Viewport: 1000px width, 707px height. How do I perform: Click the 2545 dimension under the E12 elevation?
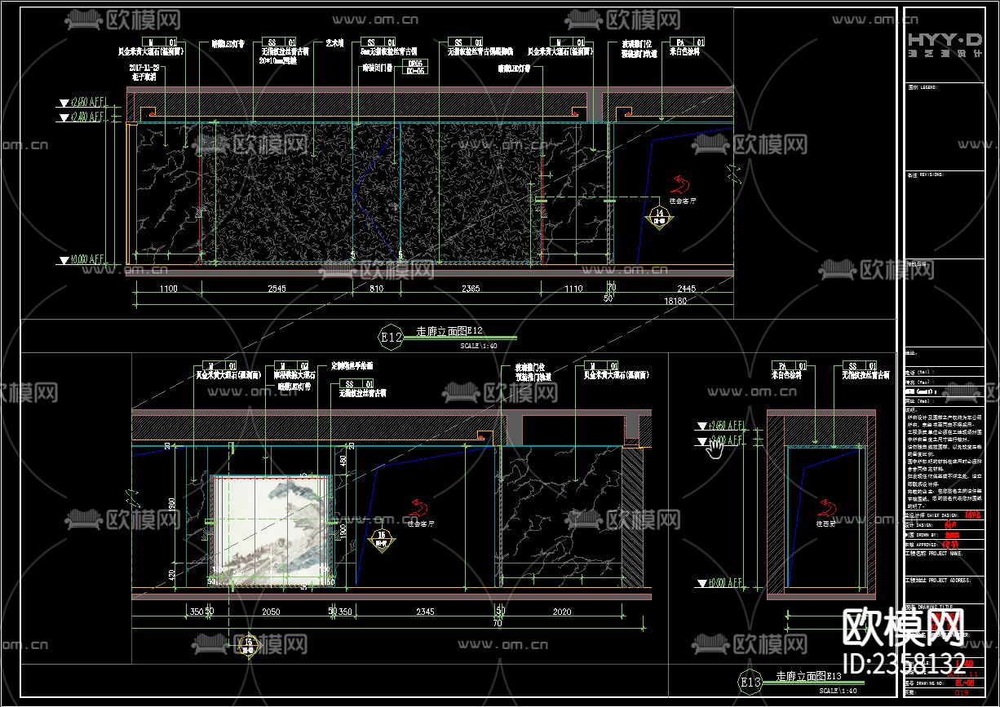[276, 289]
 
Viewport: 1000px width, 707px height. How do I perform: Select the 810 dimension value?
[376, 289]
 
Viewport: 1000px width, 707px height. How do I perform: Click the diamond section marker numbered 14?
[660, 217]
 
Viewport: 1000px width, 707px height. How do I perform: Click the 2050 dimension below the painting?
[271, 612]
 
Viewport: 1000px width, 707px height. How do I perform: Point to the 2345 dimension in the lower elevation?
[424, 612]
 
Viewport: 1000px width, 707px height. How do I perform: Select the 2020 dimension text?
[561, 612]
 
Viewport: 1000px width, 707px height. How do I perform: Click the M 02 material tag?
[291, 366]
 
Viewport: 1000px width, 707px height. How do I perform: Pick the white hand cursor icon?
[715, 446]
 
